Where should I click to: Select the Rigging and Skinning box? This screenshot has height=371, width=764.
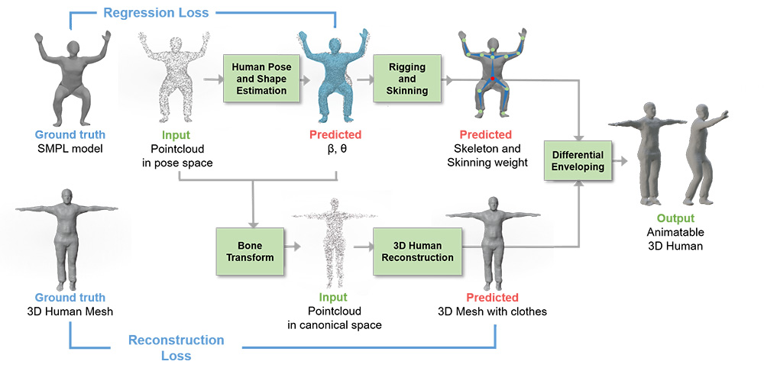click(x=407, y=79)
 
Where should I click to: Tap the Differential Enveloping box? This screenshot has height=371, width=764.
click(x=578, y=161)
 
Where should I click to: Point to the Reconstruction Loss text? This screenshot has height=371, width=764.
click(x=176, y=347)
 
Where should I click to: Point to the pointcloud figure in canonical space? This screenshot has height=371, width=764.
click(x=332, y=244)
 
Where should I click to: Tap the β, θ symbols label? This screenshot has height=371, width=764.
click(x=334, y=149)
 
